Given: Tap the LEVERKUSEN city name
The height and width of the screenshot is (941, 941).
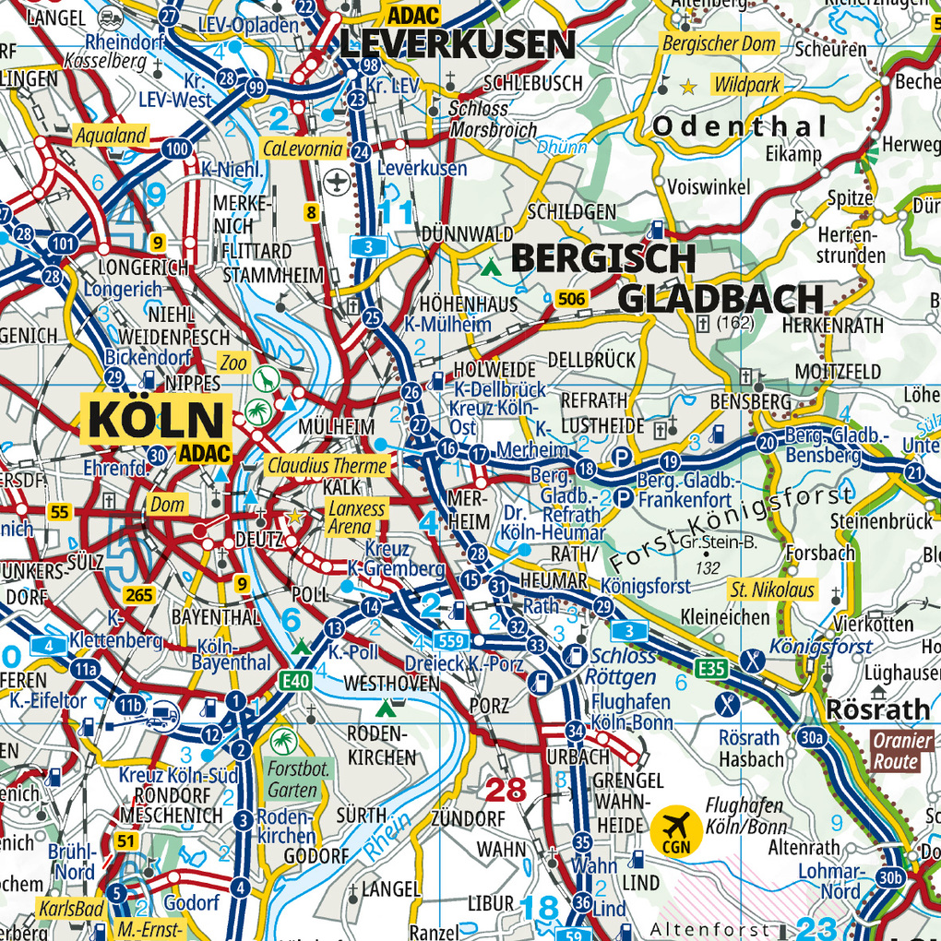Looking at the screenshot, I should coord(458,43).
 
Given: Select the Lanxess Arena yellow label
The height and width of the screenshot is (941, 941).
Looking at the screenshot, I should coord(350,518).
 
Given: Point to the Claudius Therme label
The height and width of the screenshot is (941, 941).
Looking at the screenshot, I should coord(328,466).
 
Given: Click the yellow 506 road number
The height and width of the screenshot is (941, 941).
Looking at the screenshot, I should coord(571,297).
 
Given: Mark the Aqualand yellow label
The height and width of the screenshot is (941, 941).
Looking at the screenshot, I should coord(112,136).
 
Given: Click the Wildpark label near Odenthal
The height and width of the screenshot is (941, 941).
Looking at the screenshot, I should coord(747,86).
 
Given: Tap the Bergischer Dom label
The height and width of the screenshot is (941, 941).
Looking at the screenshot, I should coord(720,43).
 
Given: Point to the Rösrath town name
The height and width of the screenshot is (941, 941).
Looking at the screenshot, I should coord(878,709).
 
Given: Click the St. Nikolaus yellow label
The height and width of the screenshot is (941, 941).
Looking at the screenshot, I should coord(772,590).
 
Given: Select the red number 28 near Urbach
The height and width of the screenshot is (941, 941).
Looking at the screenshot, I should coord(505,790).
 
